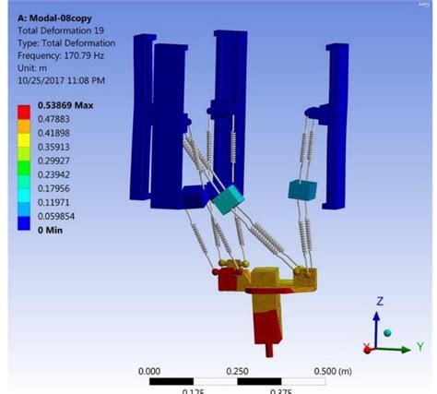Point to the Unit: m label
(x=37, y=68)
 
